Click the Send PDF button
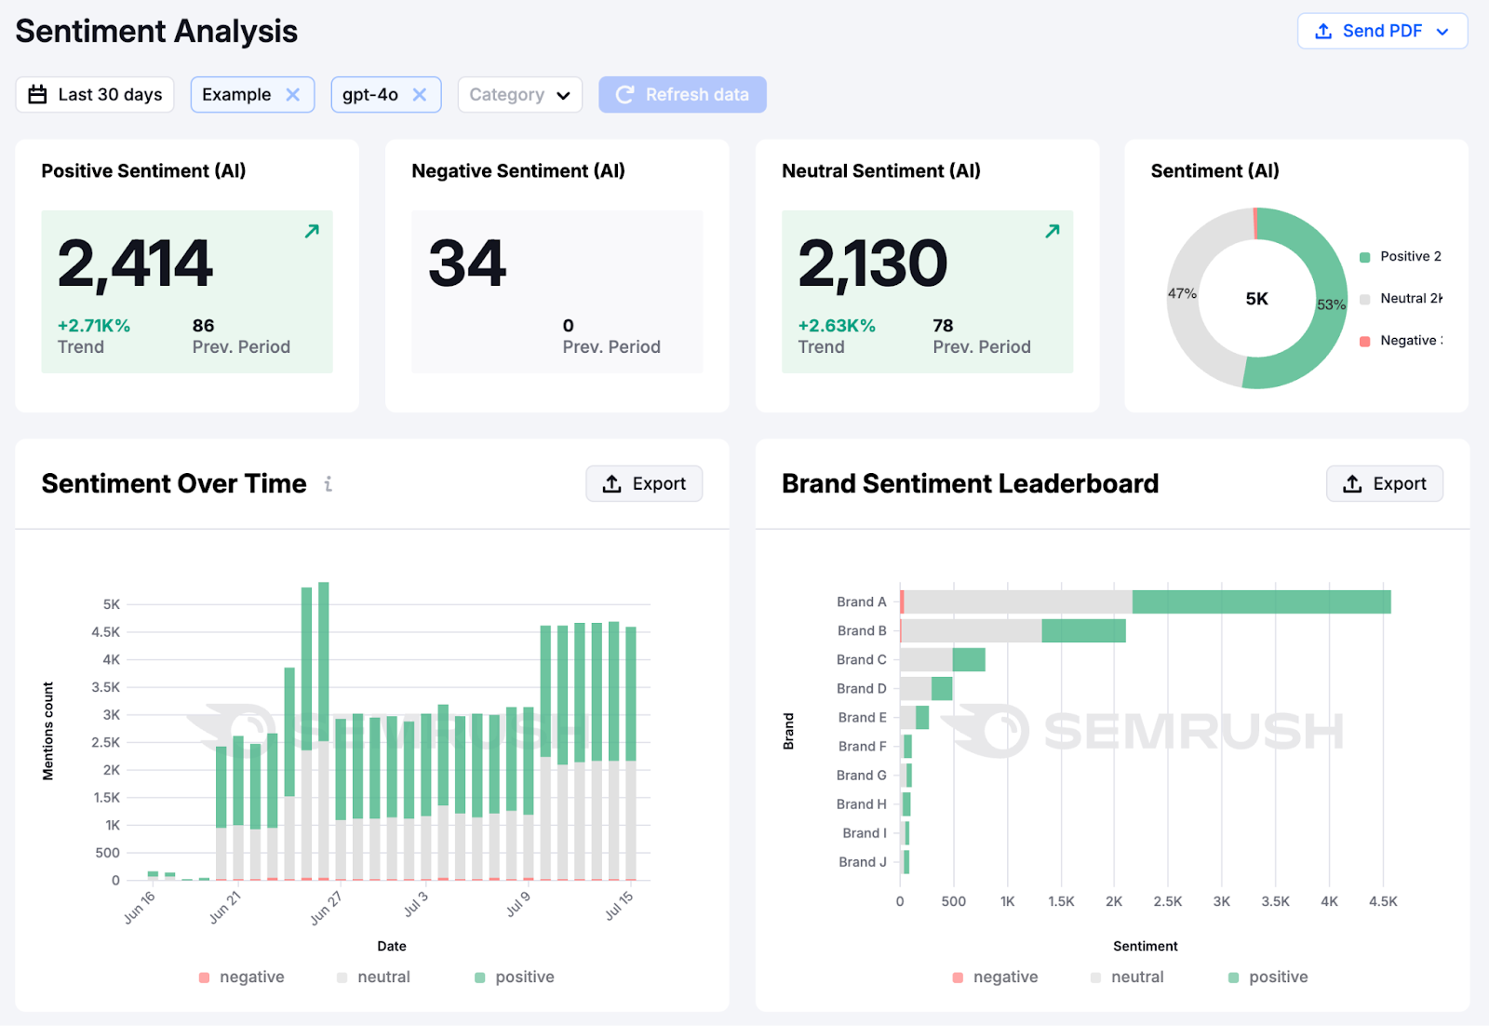(1382, 31)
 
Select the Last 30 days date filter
(95, 95)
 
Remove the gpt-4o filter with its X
(420, 95)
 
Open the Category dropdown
(519, 95)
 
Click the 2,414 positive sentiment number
(136, 263)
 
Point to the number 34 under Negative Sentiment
(467, 263)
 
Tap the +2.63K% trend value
(837, 326)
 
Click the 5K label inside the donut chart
(1256, 299)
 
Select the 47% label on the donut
(1182, 293)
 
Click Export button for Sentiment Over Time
(644, 484)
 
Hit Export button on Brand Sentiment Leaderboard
(1384, 484)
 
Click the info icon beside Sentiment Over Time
(329, 484)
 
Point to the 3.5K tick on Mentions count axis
(106, 688)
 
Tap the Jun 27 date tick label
(326, 908)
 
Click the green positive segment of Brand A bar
(1261, 602)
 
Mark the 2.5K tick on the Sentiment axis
(1167, 901)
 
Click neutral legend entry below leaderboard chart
(1136, 977)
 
